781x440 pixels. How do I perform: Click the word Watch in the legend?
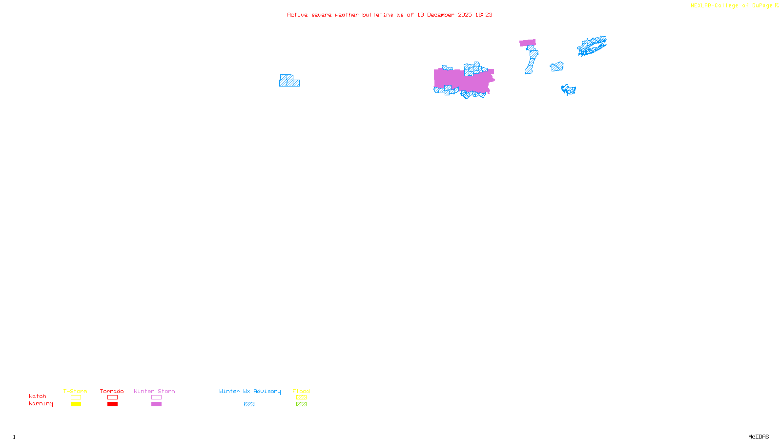click(38, 396)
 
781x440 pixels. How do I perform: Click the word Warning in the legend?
click(41, 404)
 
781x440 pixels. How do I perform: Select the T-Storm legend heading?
click(75, 391)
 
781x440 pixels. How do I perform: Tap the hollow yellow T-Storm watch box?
click(76, 397)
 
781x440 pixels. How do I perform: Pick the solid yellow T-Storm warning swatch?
click(76, 404)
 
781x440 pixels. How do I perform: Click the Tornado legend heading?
click(112, 391)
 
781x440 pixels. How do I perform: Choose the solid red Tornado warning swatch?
click(112, 404)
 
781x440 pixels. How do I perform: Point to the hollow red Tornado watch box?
click(112, 397)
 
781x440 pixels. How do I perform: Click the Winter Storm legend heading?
click(154, 391)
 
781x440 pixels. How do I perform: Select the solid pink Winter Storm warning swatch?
click(156, 404)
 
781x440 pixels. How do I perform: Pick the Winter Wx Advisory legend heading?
click(250, 391)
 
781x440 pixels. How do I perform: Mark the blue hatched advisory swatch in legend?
click(249, 404)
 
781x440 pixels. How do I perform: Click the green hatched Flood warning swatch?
click(301, 404)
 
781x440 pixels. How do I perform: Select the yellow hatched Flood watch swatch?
click(301, 397)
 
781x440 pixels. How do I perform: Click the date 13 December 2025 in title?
click(444, 15)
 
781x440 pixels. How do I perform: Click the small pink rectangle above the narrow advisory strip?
click(527, 43)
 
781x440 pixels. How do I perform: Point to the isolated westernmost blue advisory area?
click(289, 81)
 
